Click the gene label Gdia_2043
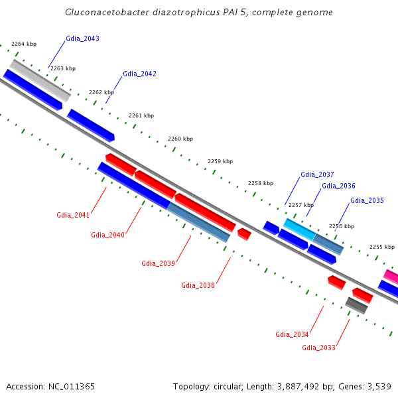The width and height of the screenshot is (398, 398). [x=82, y=38]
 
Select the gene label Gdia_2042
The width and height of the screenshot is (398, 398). [x=139, y=74]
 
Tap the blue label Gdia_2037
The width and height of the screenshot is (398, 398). [x=317, y=174]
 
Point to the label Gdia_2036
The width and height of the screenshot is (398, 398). [x=338, y=186]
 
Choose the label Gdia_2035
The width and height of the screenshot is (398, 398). [x=367, y=200]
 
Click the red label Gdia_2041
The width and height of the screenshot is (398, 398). [x=73, y=215]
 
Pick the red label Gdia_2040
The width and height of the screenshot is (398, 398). [x=107, y=235]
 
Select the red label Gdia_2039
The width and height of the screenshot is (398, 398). [x=158, y=263]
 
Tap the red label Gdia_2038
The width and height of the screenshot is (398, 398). [x=198, y=285]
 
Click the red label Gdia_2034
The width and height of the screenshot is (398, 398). [x=292, y=334]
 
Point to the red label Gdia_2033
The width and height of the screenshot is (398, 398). [x=318, y=348]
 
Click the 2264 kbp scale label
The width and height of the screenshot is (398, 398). [x=24, y=44]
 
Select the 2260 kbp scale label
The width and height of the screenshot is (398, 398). [x=180, y=139]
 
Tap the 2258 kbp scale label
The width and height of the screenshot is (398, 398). [x=261, y=183]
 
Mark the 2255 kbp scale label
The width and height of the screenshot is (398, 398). [x=381, y=247]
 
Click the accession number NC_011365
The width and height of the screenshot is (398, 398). [x=70, y=386]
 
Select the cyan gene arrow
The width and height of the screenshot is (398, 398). [x=299, y=230]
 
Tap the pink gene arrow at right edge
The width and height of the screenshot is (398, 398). [x=391, y=276]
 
